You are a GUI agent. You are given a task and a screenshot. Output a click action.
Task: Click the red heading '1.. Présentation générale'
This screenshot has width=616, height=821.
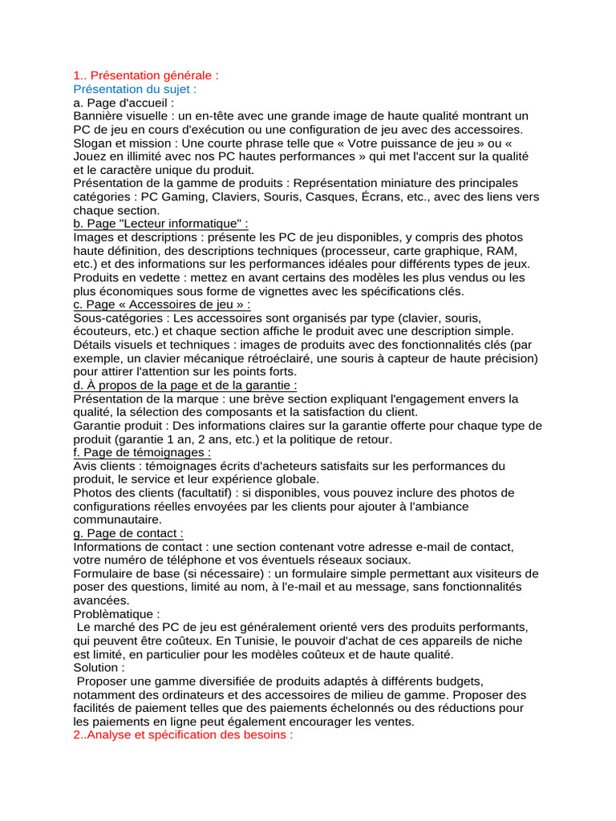point(145,75)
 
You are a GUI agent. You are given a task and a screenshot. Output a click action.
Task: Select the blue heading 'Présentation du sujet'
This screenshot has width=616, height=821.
point(134,89)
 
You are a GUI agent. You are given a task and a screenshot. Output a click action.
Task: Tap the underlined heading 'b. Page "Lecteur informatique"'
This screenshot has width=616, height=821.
point(160,224)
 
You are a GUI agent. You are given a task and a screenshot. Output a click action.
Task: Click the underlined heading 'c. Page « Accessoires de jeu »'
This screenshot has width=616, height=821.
point(161,305)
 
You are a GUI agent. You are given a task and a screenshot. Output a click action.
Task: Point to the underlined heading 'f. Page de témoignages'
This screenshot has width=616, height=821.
point(142,452)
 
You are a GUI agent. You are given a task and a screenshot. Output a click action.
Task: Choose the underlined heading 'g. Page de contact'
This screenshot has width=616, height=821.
point(128,533)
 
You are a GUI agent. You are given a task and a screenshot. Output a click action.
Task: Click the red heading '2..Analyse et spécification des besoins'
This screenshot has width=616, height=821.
point(183,735)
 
